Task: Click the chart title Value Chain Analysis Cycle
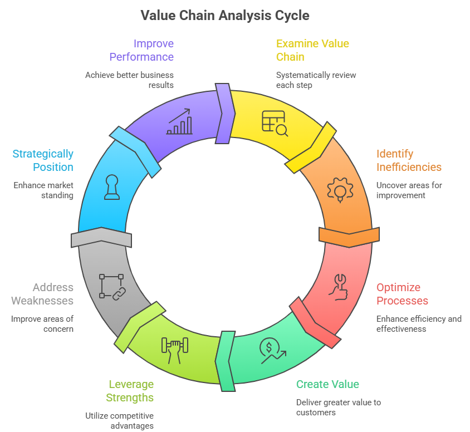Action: click(224, 15)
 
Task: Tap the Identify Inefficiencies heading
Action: click(409, 160)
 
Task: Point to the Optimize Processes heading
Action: click(402, 294)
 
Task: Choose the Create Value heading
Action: click(327, 384)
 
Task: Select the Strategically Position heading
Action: click(43, 160)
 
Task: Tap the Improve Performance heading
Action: click(141, 50)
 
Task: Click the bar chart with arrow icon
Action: click(179, 122)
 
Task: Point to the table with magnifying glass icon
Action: click(275, 123)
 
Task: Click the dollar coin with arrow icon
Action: click(272, 351)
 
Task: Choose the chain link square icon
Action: click(111, 286)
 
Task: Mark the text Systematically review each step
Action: click(316, 80)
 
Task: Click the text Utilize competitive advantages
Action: click(119, 420)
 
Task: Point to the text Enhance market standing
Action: click(43, 190)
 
